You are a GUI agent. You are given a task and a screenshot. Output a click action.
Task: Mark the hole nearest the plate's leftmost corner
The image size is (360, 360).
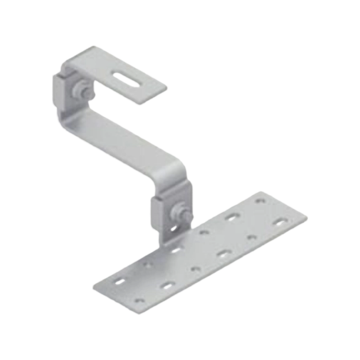[117, 283]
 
